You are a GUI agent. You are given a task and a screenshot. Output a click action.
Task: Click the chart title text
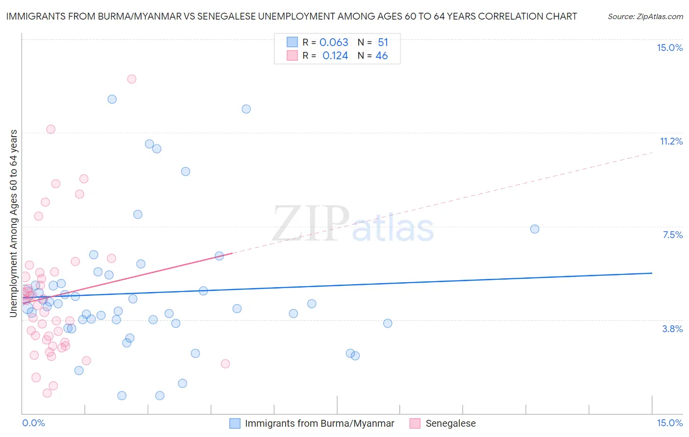click(291, 16)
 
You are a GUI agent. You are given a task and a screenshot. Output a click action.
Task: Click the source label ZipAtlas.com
click(645, 16)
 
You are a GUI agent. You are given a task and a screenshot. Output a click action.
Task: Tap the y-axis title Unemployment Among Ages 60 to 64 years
click(14, 223)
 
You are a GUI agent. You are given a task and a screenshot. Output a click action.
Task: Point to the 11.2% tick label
click(671, 141)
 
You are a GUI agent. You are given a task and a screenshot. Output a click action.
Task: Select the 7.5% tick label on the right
click(672, 235)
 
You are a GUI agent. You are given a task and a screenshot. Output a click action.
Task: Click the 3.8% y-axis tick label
click(672, 329)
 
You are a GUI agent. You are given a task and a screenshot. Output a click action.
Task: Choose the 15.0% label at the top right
click(669, 48)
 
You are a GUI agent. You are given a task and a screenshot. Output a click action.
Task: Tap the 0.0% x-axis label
click(33, 423)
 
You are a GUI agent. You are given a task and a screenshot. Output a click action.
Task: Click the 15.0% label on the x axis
click(669, 423)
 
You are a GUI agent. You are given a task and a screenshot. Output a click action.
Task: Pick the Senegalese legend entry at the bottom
click(450, 423)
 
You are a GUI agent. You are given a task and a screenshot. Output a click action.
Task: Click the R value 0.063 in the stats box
click(334, 42)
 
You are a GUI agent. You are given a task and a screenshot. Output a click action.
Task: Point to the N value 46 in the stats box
click(381, 56)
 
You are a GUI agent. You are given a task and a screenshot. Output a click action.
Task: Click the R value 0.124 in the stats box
click(335, 56)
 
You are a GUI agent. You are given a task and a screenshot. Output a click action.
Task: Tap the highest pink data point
click(131, 79)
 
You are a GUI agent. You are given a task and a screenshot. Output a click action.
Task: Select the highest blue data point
click(112, 99)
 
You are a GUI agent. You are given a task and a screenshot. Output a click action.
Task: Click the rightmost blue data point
click(535, 229)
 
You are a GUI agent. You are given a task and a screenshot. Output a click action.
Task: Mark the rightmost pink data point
click(225, 364)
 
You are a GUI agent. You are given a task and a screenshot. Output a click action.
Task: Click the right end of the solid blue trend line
click(652, 273)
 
